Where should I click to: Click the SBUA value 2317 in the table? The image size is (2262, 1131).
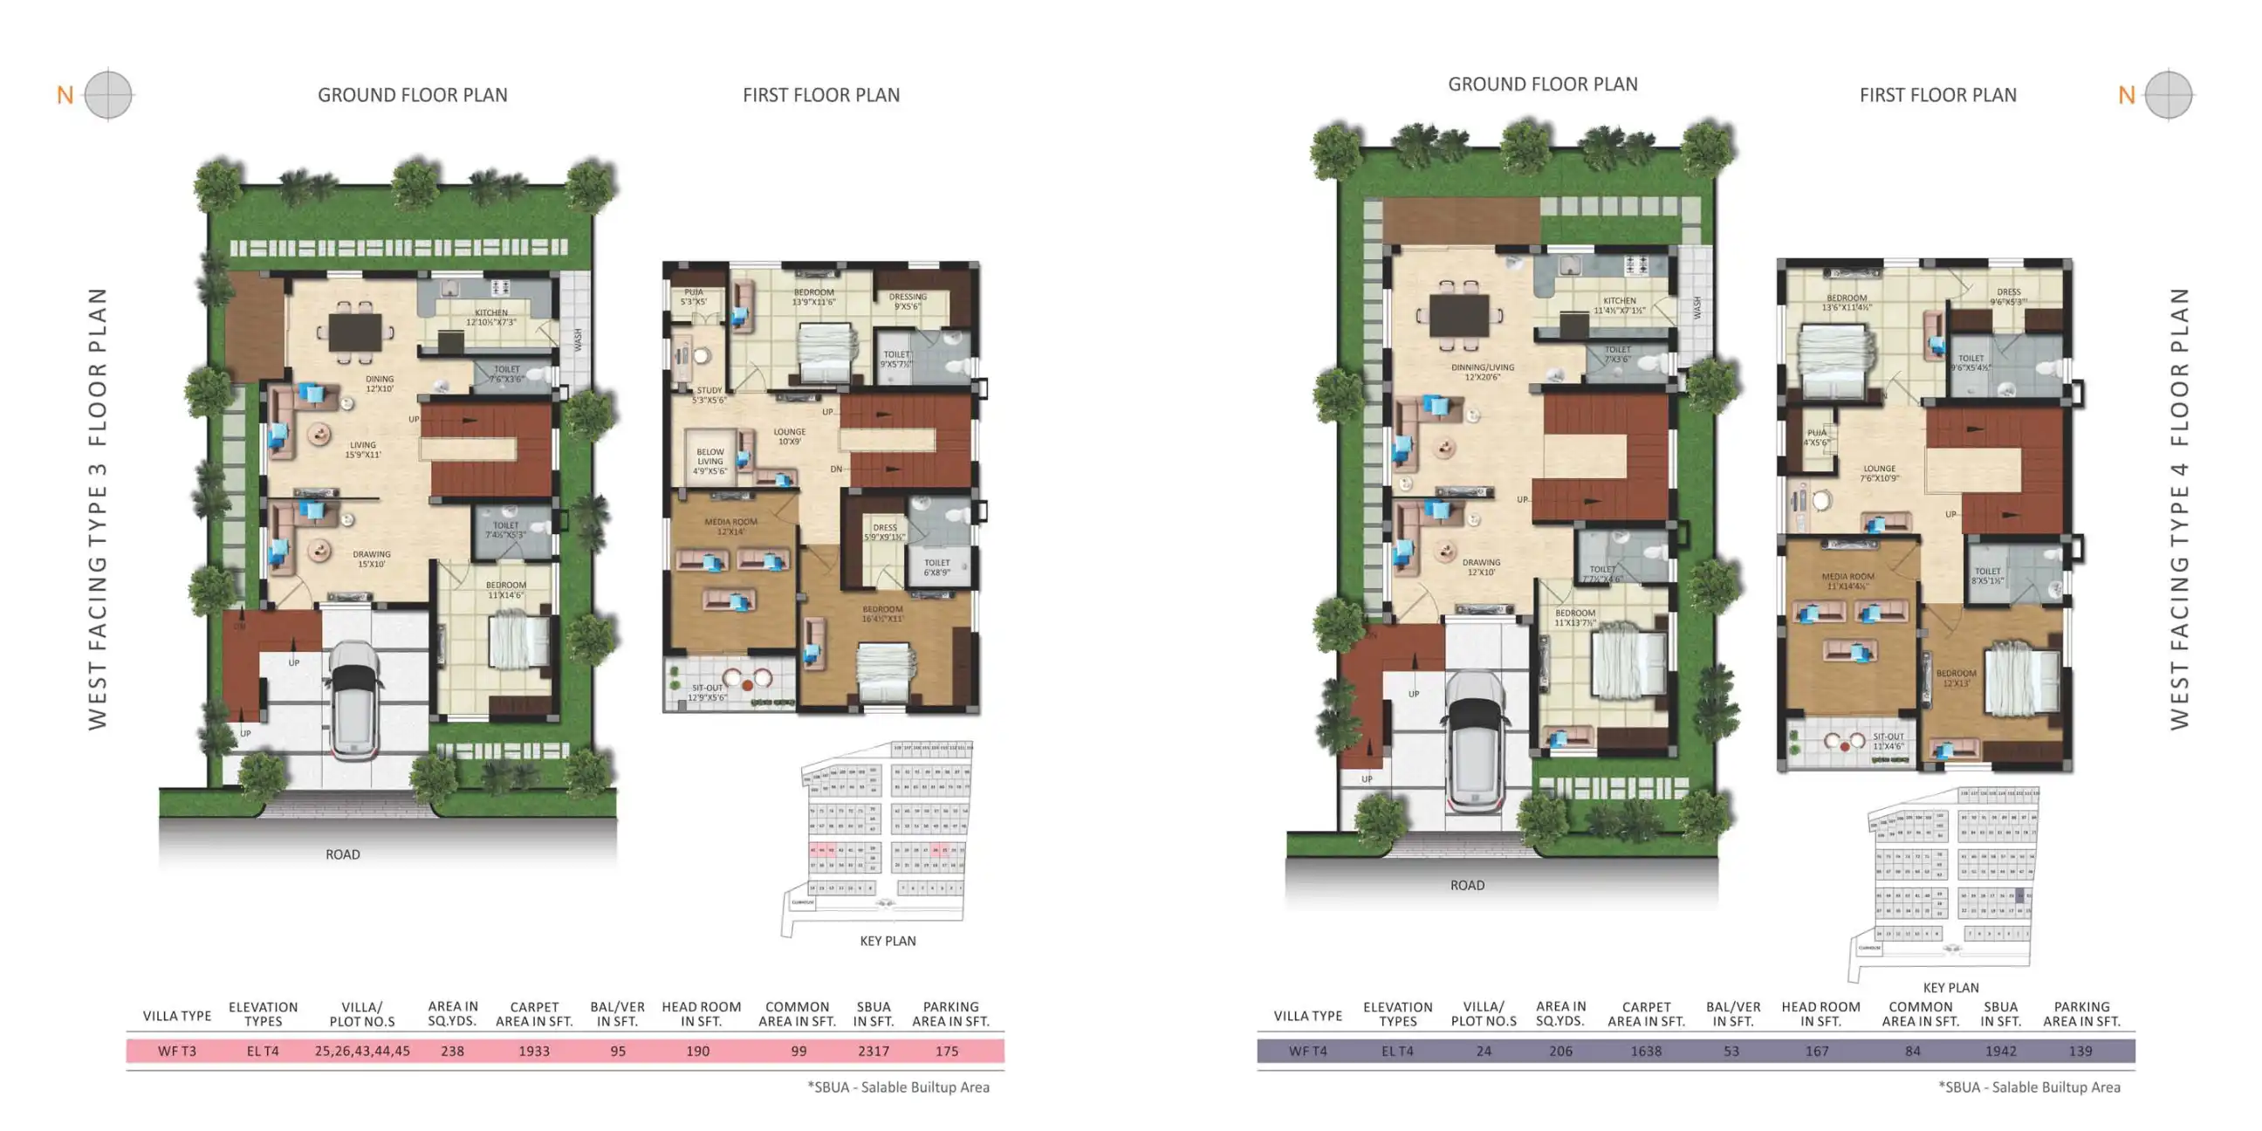click(x=873, y=1051)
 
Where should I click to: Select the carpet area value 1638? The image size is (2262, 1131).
click(x=1646, y=1051)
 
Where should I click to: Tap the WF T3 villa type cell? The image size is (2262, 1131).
click(x=176, y=1051)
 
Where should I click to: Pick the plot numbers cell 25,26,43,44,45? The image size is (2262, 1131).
click(x=362, y=1051)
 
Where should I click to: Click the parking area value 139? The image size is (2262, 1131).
click(x=2080, y=1051)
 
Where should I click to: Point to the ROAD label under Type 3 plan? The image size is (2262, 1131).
click(x=342, y=854)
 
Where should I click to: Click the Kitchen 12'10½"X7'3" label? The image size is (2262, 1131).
click(x=490, y=317)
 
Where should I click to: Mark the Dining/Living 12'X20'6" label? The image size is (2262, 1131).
click(x=1482, y=373)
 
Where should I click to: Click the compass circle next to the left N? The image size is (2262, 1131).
click(x=108, y=94)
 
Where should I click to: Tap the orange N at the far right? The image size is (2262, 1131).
click(x=2126, y=95)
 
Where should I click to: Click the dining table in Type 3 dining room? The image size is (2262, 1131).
click(x=355, y=332)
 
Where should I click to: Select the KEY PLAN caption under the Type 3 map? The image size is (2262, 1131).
click(x=887, y=942)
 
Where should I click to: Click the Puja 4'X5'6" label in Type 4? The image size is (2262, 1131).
click(x=1817, y=437)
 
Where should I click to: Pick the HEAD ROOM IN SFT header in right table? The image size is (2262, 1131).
click(x=1820, y=1014)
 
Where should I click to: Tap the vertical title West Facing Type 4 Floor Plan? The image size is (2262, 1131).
click(x=2178, y=510)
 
